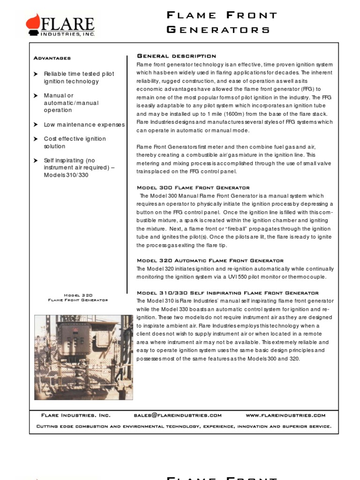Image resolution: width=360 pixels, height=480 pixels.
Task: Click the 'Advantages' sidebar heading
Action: [x=52, y=58]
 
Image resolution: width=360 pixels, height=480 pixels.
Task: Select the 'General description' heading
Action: [x=176, y=56]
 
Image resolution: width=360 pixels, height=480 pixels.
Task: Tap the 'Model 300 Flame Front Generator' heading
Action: [x=193, y=187]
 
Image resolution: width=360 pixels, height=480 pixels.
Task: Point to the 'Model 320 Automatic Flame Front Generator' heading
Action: [x=210, y=261]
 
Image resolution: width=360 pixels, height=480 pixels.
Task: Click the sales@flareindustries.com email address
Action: [x=178, y=415]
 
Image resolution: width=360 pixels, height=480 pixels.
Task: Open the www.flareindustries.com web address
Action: [x=285, y=415]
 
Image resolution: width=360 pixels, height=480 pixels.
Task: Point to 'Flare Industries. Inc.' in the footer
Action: [x=76, y=415]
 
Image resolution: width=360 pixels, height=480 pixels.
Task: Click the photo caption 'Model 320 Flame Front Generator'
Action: [x=78, y=298]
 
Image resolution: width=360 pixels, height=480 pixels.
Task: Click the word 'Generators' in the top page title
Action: [x=218, y=30]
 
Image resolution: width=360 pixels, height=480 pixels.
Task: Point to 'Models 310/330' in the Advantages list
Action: [x=66, y=175]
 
